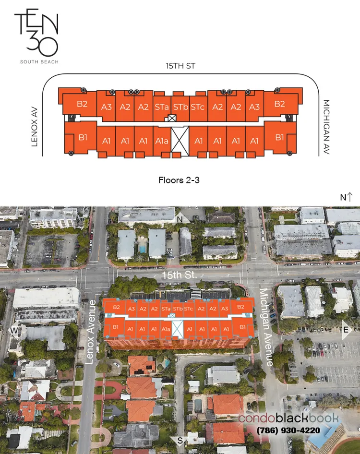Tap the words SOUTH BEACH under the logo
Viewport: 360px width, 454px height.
tap(36, 61)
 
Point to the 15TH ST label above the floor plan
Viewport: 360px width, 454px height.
tap(180, 66)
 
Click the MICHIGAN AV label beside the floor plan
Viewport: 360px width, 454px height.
tap(326, 127)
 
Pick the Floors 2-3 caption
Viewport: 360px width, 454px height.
tap(179, 180)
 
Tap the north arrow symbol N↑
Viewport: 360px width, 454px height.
tap(346, 197)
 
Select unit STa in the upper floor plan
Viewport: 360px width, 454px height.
tap(162, 107)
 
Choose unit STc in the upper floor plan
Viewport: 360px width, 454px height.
tap(197, 107)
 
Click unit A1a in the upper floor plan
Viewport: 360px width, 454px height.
tap(162, 141)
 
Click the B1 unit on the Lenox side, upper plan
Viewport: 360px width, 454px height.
tap(83, 138)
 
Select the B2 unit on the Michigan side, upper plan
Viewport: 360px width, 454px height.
tap(280, 104)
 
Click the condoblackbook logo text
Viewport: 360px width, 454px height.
tap(288, 418)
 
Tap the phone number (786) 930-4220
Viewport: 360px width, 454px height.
tap(289, 430)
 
